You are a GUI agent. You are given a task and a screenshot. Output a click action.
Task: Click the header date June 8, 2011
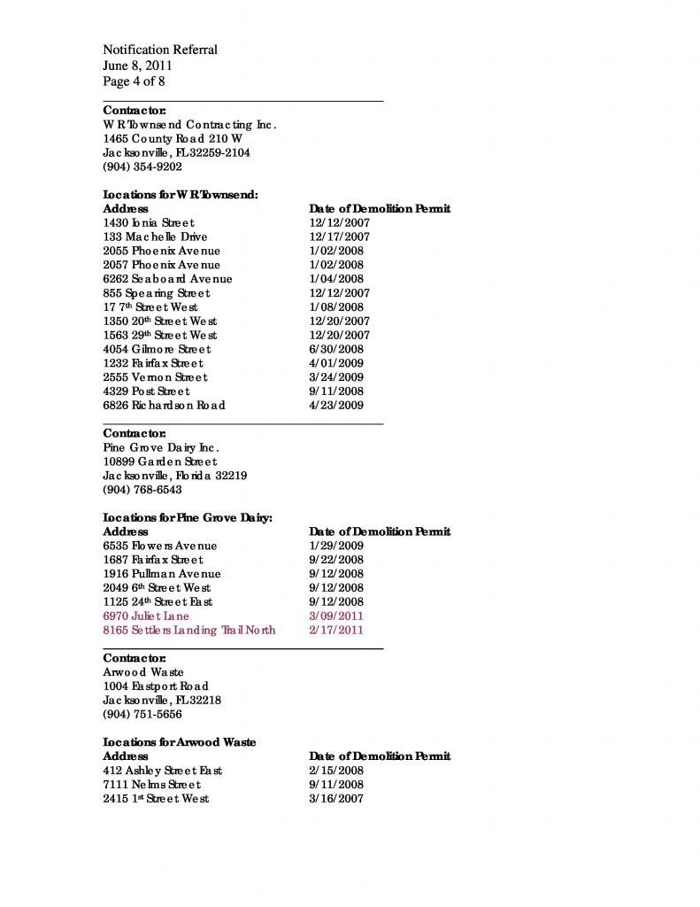pyautogui.click(x=137, y=66)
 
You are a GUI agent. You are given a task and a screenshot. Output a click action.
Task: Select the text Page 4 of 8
pyautogui.click(x=134, y=81)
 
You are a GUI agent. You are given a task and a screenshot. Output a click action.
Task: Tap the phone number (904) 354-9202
pyautogui.click(x=142, y=167)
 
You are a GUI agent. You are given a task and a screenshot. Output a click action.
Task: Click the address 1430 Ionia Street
pyautogui.click(x=149, y=223)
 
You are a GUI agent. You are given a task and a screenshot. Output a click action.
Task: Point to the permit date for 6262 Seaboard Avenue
pyautogui.click(x=336, y=279)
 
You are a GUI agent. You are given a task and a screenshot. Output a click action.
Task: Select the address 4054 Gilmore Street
pyautogui.click(x=157, y=349)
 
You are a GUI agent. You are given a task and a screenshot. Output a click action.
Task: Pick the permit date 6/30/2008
pyautogui.click(x=336, y=349)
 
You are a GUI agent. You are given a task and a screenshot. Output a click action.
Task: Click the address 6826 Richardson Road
pyautogui.click(x=164, y=406)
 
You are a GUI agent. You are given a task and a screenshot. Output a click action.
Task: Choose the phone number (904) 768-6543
pyautogui.click(x=142, y=490)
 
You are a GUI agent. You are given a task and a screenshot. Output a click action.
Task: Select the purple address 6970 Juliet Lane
pyautogui.click(x=146, y=616)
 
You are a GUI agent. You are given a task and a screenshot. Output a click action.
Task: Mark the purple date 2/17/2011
pyautogui.click(x=336, y=631)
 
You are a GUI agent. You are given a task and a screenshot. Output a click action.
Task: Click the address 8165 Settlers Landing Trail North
pyautogui.click(x=189, y=631)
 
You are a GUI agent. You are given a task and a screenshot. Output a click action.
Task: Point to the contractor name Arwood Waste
pyautogui.click(x=143, y=672)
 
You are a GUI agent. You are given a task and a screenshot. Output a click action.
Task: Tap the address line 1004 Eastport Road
pyautogui.click(x=156, y=686)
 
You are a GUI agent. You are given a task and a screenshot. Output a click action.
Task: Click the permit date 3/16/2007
pyautogui.click(x=336, y=799)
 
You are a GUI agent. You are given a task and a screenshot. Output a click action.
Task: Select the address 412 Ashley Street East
pyautogui.click(x=163, y=771)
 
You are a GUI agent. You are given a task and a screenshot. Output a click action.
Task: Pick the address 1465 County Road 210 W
pyautogui.click(x=173, y=139)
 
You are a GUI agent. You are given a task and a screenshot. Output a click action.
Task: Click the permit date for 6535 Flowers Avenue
pyautogui.click(x=336, y=547)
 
